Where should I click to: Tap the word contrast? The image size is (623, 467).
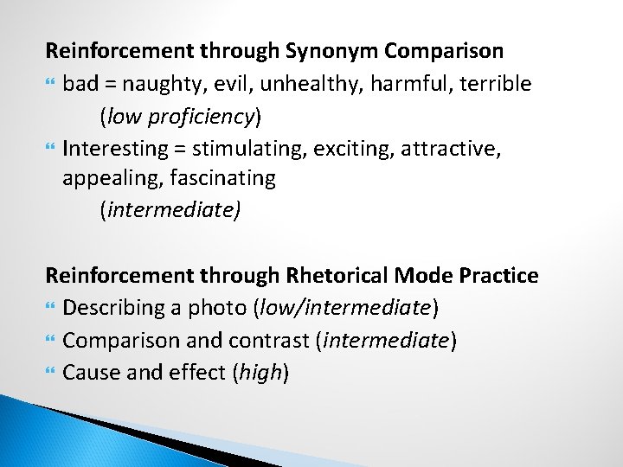point(269,340)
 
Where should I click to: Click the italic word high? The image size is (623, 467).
point(263,373)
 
